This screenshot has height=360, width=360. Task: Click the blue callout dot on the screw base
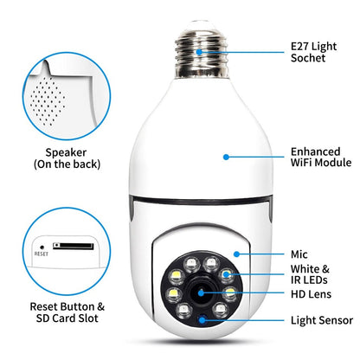(200, 51)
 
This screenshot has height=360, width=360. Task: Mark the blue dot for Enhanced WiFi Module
(226, 157)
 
